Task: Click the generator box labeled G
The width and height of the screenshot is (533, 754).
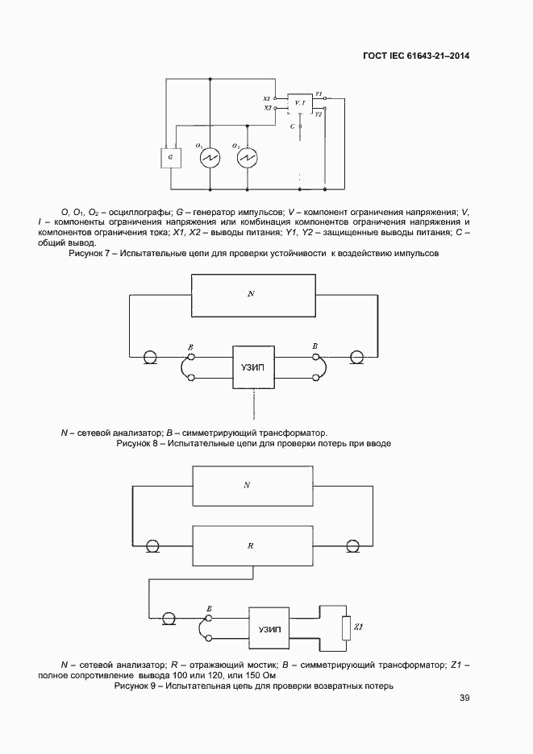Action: point(170,158)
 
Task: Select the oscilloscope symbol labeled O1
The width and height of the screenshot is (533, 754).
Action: point(210,157)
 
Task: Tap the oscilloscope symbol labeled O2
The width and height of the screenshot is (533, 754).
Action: point(248,157)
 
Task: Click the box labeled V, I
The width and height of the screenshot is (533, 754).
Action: point(299,103)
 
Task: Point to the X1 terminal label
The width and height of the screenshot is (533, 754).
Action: point(267,97)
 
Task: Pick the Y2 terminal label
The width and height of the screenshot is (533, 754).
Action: point(319,114)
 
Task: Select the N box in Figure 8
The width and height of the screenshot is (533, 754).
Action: point(251,295)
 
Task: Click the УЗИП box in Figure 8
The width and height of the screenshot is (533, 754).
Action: point(253,367)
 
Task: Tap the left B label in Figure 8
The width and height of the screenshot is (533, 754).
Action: point(190,346)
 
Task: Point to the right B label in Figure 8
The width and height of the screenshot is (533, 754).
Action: point(314,346)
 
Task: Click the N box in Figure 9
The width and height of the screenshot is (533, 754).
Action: point(251,485)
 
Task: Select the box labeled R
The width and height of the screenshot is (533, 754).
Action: point(251,545)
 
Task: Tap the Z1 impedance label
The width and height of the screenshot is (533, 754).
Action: point(360,626)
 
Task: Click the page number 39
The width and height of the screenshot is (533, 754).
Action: point(464,698)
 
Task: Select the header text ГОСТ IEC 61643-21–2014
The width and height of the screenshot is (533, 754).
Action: point(417,56)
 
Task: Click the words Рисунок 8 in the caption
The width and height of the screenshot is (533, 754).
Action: point(139,444)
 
